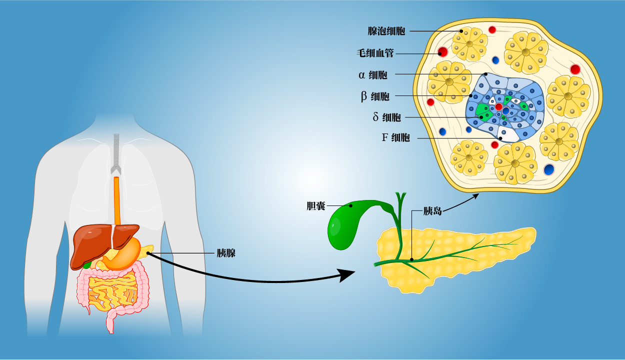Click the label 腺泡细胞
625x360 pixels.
tap(386, 31)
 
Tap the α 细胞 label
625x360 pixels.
tap(373, 75)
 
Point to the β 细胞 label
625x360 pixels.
tap(375, 96)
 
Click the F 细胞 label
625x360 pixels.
tap(395, 137)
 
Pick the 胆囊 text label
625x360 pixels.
tap(316, 206)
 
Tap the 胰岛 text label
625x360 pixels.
tap(432, 211)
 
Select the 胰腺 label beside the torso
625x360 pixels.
tap(225, 253)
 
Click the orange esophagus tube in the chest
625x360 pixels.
tap(117, 200)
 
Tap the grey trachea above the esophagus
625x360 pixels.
tap(116, 150)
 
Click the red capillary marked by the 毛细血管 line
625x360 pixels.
tap(442, 52)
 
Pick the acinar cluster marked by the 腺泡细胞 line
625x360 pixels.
tap(469, 44)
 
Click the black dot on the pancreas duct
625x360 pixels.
tap(411, 259)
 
